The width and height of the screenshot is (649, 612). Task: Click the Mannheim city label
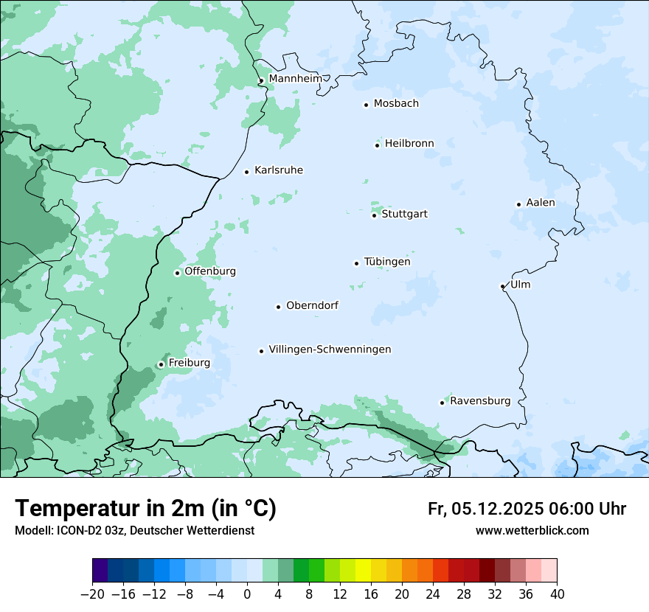pos(295,79)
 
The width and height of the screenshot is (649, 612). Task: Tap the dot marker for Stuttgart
pos(374,215)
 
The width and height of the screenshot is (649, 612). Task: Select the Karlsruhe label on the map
pos(278,170)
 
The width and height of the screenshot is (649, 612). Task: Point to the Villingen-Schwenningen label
pos(330,350)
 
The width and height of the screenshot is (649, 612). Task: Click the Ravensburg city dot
pos(442,403)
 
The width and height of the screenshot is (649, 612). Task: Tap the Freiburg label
pos(189,363)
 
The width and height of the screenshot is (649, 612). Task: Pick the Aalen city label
pos(541,203)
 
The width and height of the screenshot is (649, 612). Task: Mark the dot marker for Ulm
pos(502,286)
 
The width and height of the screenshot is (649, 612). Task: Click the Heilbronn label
pos(409,144)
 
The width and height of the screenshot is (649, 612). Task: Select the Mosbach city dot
pos(366,105)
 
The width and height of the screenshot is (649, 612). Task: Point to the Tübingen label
pos(386,262)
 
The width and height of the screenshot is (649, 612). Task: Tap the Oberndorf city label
pos(312,305)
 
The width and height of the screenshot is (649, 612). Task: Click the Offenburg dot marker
pos(177,273)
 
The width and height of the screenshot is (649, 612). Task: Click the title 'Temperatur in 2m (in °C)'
pos(145,509)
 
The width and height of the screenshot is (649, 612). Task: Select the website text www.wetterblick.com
pos(532,531)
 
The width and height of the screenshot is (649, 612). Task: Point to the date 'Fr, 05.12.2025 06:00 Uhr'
pos(527,509)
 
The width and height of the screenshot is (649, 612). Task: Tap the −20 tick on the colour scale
pos(93,594)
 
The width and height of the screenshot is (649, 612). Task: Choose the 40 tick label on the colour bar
pos(557,594)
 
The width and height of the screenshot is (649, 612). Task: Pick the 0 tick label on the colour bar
pos(247,594)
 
